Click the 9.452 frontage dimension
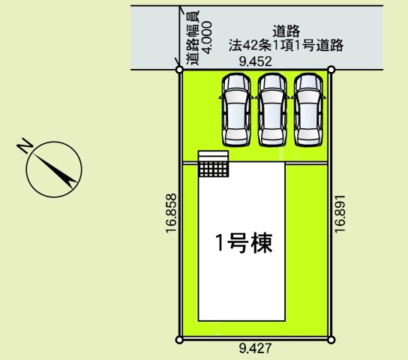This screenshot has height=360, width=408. (255, 61)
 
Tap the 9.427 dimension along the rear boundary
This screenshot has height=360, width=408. (255, 348)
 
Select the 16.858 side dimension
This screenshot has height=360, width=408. (172, 213)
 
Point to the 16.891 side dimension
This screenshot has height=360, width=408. (340, 214)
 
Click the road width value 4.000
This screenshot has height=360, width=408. (207, 37)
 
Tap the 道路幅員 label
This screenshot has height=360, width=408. (193, 37)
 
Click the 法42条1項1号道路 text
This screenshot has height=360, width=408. (286, 45)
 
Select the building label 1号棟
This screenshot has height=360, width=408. (244, 243)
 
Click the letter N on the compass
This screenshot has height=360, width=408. (25, 145)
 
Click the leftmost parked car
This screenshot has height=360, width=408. (236, 109)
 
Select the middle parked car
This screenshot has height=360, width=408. (272, 109)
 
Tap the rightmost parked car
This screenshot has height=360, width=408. (308, 109)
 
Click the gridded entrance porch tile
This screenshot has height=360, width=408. (214, 169)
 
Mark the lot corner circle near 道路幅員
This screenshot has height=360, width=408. (179, 70)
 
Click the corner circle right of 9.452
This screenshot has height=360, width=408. (331, 70)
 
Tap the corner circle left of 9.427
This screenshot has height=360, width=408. (178, 340)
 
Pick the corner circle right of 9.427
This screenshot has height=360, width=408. (331, 340)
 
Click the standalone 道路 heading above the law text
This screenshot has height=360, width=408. (286, 31)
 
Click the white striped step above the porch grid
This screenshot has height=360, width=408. (213, 156)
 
